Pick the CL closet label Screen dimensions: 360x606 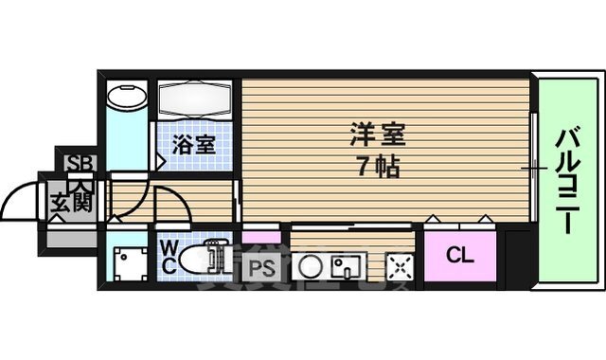pos(460,255)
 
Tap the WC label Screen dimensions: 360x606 pos(167,258)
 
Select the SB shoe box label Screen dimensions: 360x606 pos(76,162)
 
